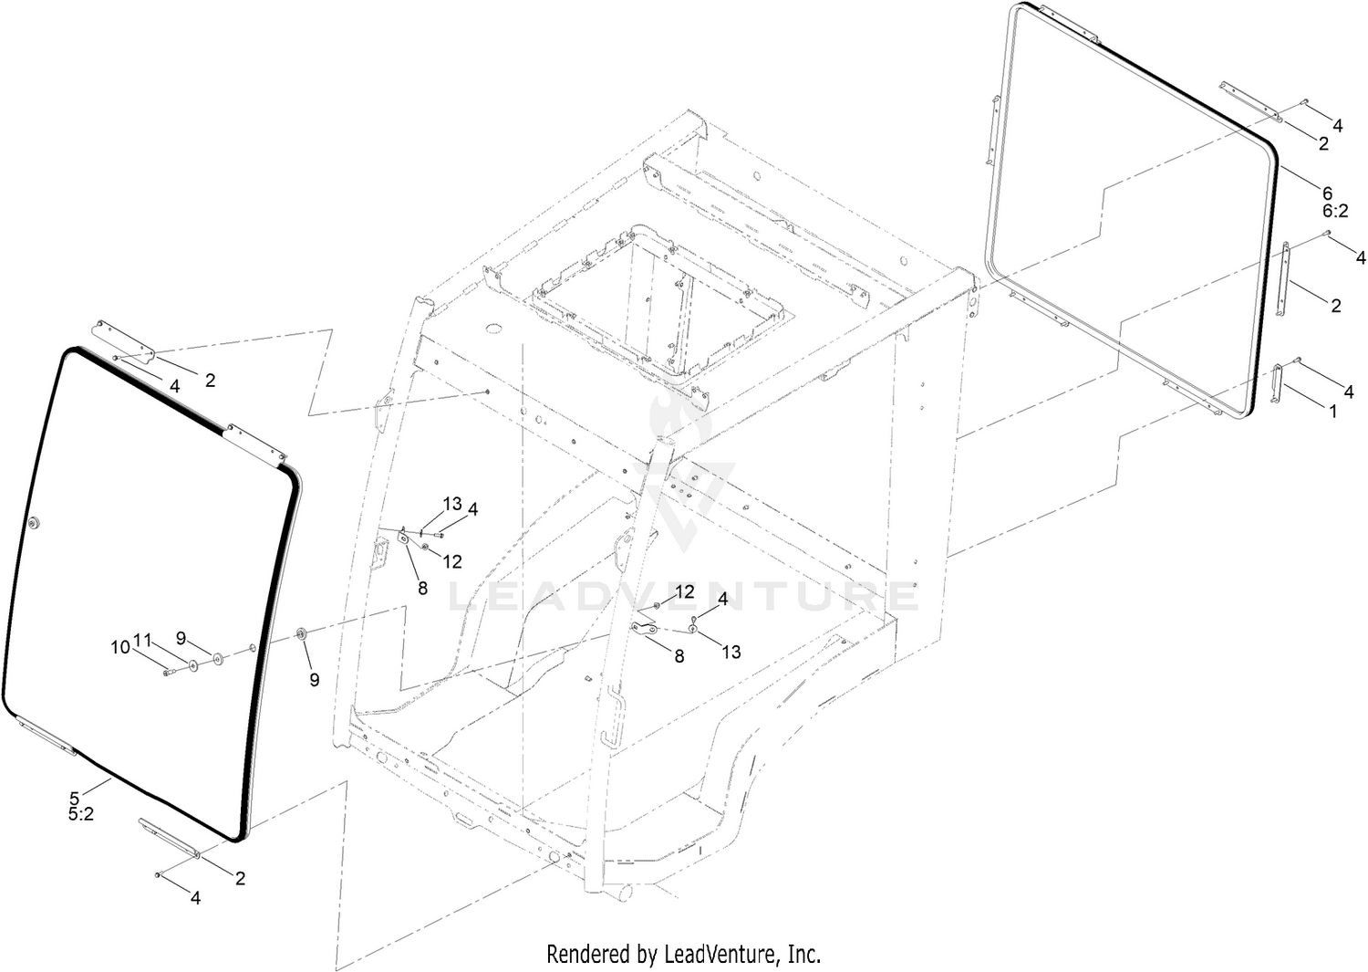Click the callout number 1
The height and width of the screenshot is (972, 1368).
[x=1333, y=412]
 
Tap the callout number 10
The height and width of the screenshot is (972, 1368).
[x=121, y=646]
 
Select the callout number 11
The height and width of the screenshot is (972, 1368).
[x=142, y=640]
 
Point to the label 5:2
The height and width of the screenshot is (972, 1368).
[x=80, y=815]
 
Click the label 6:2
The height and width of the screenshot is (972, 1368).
[x=1336, y=211]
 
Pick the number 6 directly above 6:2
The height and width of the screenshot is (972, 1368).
[x=1328, y=193]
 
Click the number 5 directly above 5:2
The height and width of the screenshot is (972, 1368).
[x=75, y=798]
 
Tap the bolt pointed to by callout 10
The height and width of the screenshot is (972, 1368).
[x=169, y=673]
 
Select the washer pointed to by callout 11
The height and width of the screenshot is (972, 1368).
[x=193, y=665]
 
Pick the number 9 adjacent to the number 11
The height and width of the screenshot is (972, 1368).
[x=181, y=638]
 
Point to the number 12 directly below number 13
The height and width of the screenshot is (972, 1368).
[x=452, y=561]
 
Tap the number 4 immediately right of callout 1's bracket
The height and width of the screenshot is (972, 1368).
[x=1349, y=392]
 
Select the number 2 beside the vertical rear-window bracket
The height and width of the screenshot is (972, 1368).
[x=1336, y=306]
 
